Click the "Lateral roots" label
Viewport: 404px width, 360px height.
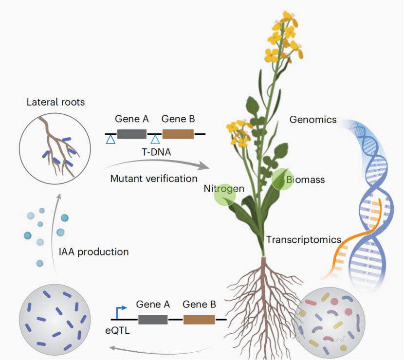pos(55,102)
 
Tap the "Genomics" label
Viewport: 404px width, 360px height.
pos(313,120)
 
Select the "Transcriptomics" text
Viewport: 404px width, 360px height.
pos(304,240)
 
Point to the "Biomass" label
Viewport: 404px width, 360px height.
pos(306,180)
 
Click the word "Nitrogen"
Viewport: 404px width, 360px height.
pos(224,189)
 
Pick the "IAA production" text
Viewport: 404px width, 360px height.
pos(94,252)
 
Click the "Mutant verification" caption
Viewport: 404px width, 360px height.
pos(154,179)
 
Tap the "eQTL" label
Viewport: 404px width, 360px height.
pos(117,330)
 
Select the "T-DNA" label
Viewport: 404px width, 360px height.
pos(156,152)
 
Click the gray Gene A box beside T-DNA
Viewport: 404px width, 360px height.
pos(132,134)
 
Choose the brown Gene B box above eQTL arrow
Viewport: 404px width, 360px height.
pos(199,320)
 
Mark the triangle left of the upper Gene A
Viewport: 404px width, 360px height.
pos(111,140)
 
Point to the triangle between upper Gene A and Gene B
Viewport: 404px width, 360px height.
pos(155,140)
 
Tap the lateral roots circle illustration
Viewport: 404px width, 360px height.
pos(55,148)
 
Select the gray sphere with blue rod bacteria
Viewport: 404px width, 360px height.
pos(55,320)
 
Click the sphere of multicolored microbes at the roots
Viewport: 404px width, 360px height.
pos(329,323)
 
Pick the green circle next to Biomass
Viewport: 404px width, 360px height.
pos(282,179)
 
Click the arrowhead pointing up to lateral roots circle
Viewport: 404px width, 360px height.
pos(59,197)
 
